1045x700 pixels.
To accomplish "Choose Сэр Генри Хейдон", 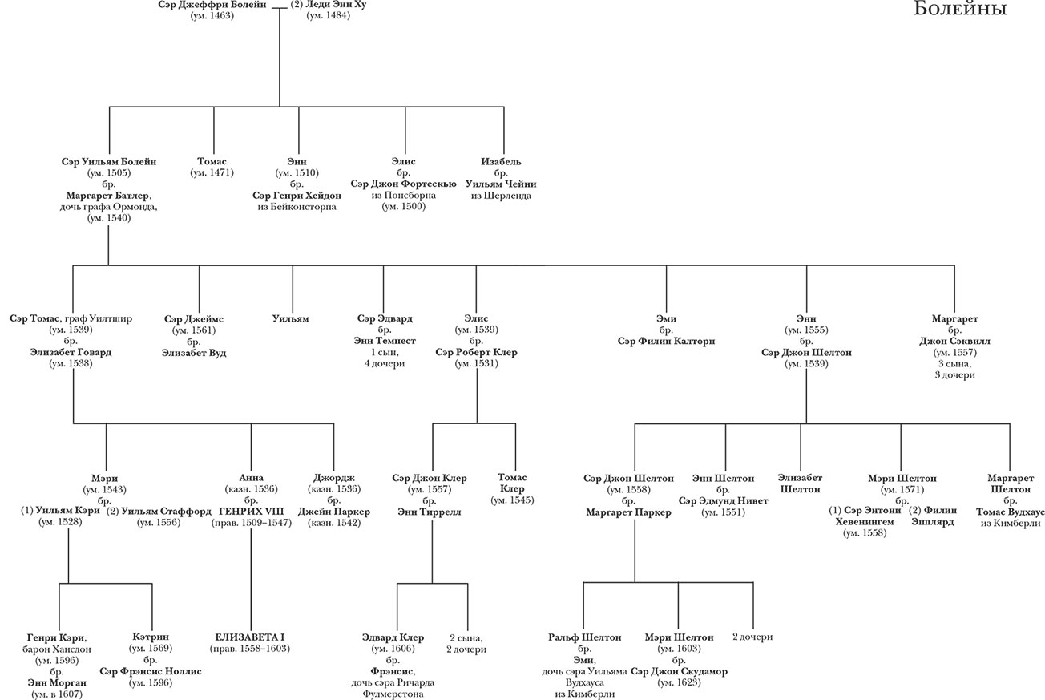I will pos(297,196).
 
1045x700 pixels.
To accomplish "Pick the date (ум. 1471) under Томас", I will pos(213,173).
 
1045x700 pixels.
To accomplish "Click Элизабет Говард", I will pos(71,352).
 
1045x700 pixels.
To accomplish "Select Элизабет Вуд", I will pos(194,352).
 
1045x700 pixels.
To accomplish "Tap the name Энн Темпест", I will pos(384,341).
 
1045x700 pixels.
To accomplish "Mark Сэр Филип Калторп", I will pos(666,341).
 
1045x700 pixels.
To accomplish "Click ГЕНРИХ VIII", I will pos(251,512).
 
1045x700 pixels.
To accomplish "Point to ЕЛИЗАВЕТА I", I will pos(250,637).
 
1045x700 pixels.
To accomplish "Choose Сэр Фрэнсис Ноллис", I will pos(151,671).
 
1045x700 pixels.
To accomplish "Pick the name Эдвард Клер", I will pos(392,637).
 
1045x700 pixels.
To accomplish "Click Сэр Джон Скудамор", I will pos(679,671).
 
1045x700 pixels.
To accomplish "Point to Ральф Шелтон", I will pos(585,637).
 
